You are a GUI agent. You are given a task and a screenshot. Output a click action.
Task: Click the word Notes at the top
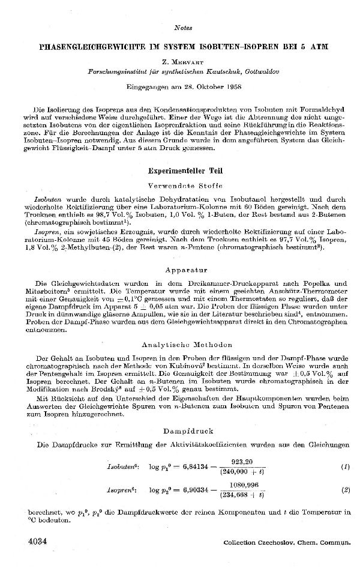pyautogui.click(x=182, y=28)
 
